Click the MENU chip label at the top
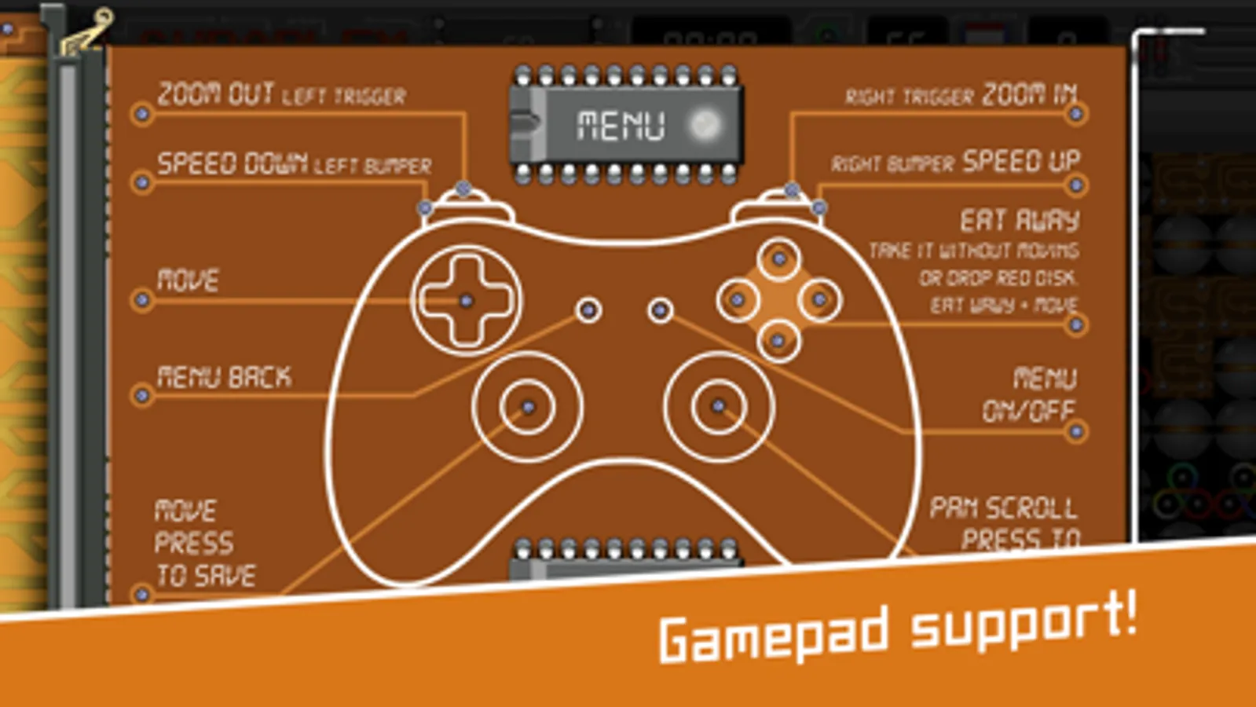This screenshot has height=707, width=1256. coord(621,125)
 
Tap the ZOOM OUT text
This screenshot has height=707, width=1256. coord(214,94)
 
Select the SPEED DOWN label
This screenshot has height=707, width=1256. coord(232,163)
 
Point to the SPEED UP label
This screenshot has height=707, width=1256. coord(1021,161)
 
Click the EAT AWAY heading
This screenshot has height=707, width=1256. coord(1020,220)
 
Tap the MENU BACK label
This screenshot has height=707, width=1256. coord(224,377)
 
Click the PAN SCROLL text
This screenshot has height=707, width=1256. coord(1003,507)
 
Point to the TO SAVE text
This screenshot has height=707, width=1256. coord(206,576)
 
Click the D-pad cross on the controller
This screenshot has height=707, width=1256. coord(466,300)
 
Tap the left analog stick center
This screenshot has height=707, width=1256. coord(528,407)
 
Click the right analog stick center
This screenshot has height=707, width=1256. coord(718,406)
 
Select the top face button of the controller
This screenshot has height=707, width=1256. coord(779,258)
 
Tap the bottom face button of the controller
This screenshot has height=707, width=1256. coord(778,341)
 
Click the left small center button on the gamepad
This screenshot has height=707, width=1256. coord(588,310)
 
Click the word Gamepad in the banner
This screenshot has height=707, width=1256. coord(774,635)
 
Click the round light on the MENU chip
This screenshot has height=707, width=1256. coord(703,124)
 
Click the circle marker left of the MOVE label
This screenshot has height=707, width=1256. coord(142,299)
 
